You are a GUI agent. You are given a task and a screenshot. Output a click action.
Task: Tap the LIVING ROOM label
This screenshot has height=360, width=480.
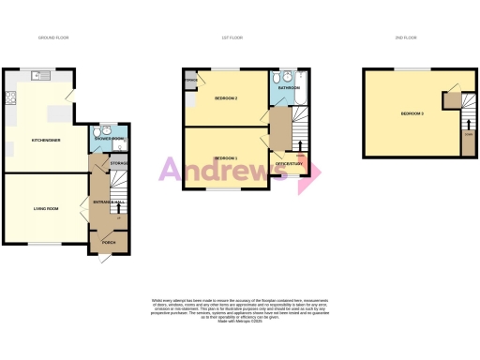[47, 208]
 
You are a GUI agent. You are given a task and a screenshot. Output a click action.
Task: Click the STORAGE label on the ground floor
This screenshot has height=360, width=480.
[119, 164]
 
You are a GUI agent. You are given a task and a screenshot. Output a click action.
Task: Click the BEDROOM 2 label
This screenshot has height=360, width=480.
[226, 98]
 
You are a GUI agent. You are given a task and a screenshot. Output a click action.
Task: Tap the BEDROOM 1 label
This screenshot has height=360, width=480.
[226, 158]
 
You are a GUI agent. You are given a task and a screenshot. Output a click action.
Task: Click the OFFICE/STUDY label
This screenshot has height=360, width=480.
[289, 164]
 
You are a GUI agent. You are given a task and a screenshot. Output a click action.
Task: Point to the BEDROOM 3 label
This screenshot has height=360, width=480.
[412, 113]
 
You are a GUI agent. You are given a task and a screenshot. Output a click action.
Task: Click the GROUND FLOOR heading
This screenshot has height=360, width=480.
[53, 37]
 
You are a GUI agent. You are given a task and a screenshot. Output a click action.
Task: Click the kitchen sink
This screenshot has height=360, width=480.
[9, 96]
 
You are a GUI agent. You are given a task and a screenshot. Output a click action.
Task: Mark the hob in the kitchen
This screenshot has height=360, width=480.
[8, 122]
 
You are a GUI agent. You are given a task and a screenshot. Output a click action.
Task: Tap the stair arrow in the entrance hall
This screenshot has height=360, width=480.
[117, 208]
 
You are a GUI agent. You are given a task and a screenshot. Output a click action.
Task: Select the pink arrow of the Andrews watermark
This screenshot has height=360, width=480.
[310, 174]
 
